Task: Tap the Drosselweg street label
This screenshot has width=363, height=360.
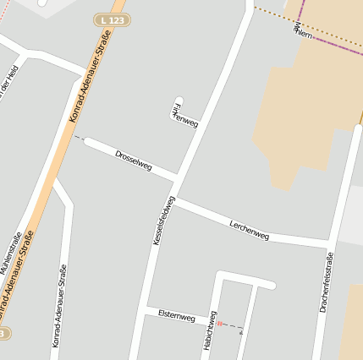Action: point(133,161)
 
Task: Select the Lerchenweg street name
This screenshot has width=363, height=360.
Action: point(249,229)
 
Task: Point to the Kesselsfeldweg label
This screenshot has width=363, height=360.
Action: point(163,221)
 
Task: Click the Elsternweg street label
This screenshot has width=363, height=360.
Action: point(176,315)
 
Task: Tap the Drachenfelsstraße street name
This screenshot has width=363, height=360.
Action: point(327,282)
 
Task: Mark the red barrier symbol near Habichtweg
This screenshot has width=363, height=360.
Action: point(219,323)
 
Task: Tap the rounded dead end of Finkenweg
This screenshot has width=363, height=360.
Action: point(178,101)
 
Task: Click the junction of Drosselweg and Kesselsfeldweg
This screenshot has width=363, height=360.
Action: point(178,177)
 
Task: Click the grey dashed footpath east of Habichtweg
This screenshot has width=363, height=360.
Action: point(234,326)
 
